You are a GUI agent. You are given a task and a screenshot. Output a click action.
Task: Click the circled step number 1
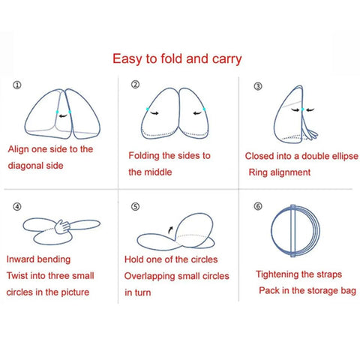17,85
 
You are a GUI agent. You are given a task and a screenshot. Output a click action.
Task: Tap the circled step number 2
135,85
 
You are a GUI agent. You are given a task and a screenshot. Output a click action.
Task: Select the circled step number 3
258,86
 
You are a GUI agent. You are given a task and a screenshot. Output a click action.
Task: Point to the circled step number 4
17,207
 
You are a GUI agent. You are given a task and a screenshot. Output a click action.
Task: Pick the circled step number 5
135,207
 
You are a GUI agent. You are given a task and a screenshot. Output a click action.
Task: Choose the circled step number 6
258,206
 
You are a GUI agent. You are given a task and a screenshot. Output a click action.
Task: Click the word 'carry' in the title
226,60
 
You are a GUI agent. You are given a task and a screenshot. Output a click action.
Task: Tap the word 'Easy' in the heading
127,59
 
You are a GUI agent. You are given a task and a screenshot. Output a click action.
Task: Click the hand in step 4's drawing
62,226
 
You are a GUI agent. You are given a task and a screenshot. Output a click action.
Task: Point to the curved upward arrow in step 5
170,229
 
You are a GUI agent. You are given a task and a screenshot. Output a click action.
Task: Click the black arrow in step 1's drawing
63,115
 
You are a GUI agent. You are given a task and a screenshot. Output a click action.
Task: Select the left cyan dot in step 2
148,109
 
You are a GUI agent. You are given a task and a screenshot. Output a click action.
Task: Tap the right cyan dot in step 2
204,109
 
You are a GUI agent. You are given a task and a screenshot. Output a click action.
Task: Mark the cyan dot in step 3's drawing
302,109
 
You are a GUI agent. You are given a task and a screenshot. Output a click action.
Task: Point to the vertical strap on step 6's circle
293,231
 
